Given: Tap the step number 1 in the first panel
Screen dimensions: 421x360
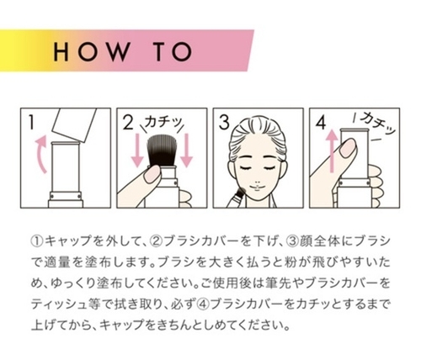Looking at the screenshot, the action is (32, 123).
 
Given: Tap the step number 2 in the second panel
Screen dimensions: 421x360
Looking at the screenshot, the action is (128, 123).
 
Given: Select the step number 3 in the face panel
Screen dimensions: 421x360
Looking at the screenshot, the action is (224, 123).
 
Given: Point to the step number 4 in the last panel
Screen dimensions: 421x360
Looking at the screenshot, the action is (321, 123).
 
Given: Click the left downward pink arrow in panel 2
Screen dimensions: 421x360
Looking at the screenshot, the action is (138, 151).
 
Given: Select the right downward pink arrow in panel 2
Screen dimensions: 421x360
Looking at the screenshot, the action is (186, 151).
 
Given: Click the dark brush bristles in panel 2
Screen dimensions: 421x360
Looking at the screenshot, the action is (161, 151).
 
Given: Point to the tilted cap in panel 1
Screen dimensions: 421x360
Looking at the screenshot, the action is (75, 124).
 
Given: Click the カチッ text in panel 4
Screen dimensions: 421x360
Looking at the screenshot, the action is (377, 124).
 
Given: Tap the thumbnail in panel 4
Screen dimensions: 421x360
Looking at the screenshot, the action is (348, 148).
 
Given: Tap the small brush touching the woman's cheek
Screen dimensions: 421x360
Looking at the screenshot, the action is (238, 198).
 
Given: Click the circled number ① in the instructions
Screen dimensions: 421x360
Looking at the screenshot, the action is (37, 241).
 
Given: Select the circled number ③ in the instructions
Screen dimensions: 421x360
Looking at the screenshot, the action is (292, 241).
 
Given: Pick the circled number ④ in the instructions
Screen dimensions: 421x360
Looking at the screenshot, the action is (204, 304).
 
